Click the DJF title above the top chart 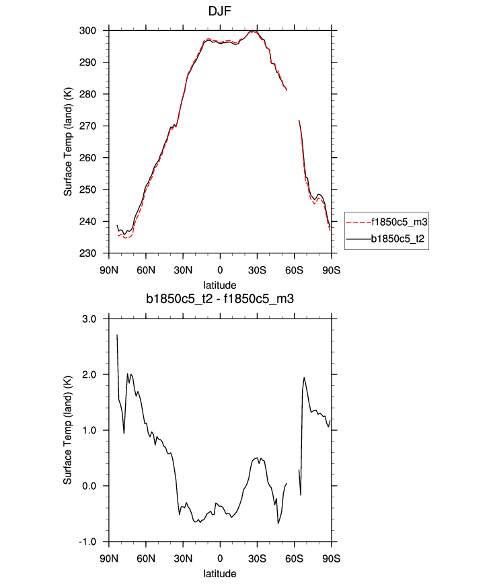(x=219, y=11)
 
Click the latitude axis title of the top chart (x=220, y=285)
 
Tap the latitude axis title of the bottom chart (x=220, y=574)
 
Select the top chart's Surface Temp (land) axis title (x=68, y=142)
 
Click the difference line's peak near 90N (x=117, y=335)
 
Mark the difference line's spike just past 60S (x=304, y=378)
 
